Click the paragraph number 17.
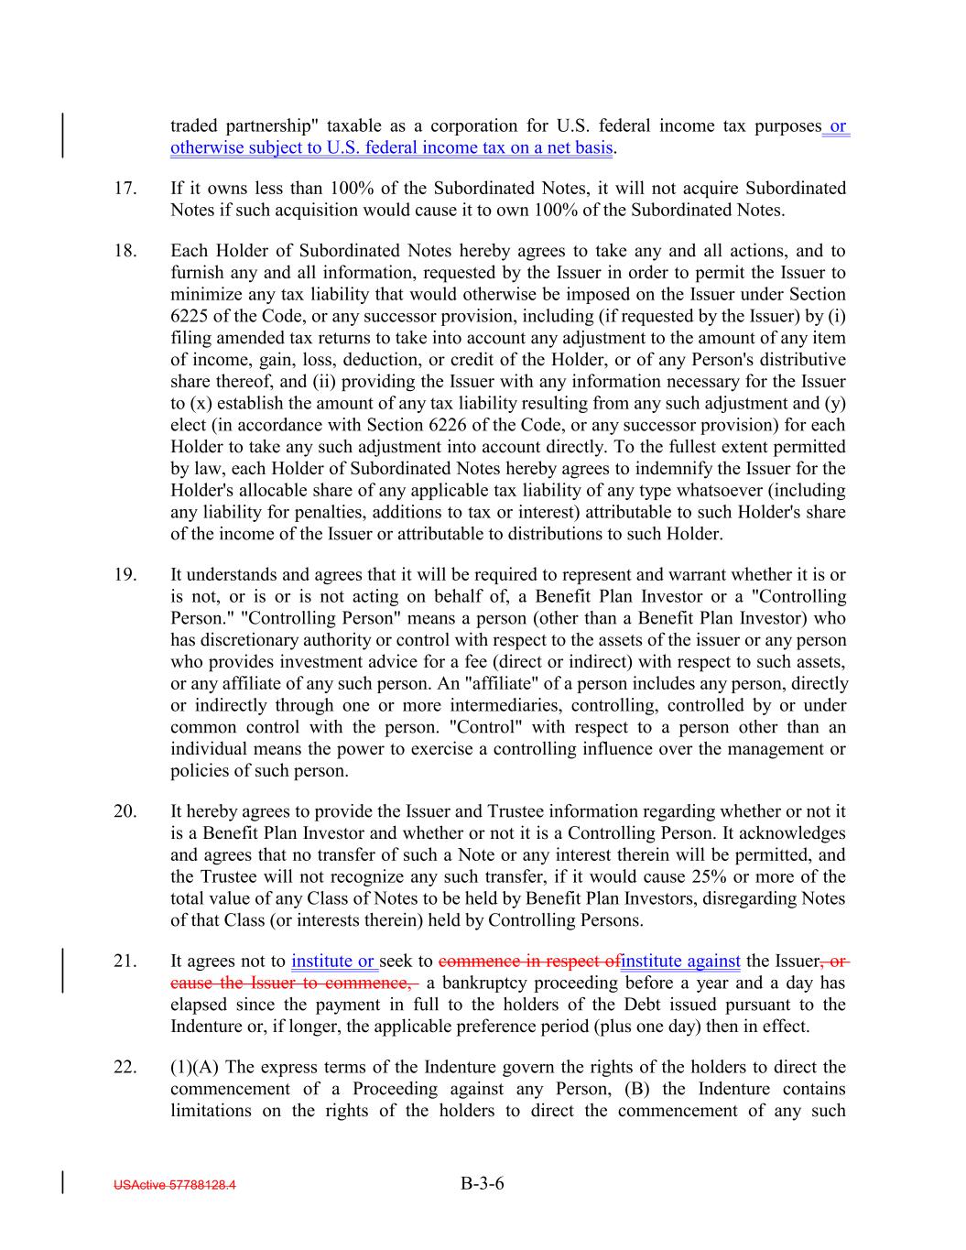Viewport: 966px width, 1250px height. (x=125, y=189)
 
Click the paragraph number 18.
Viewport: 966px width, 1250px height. (x=125, y=251)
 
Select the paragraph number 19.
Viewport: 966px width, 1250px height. (x=125, y=575)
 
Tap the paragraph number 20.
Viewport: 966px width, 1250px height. (x=125, y=811)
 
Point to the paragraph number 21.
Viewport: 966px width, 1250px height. (x=125, y=962)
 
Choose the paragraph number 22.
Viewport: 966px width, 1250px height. (x=125, y=1068)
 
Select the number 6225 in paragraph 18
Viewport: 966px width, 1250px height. (x=190, y=316)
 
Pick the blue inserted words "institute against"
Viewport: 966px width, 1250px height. (x=679, y=962)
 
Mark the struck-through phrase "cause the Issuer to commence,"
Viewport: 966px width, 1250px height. (x=294, y=984)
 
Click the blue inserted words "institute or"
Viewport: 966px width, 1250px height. (x=334, y=962)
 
